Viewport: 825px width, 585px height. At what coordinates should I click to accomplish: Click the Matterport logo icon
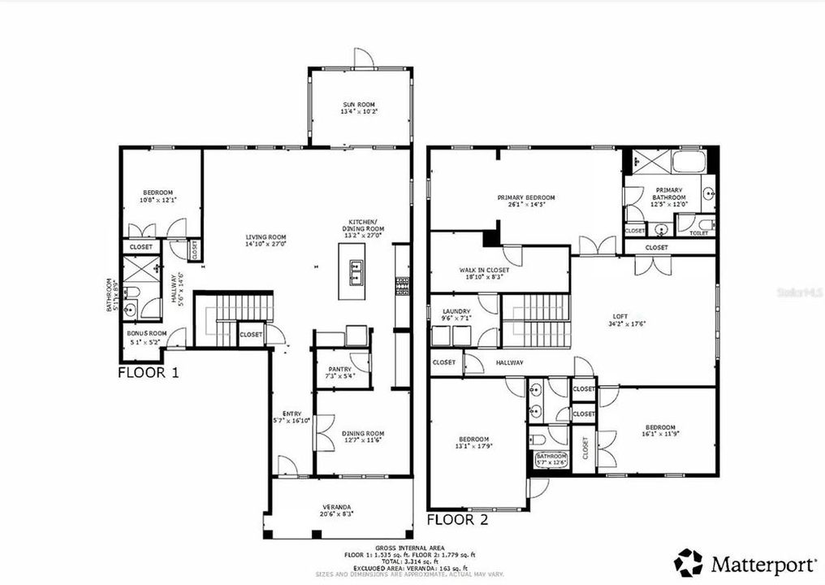point(689,562)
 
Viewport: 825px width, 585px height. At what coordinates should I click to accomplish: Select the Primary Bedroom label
point(525,197)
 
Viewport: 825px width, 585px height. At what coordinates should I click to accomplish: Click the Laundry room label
point(456,311)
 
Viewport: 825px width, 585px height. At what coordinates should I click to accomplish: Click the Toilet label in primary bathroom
point(698,232)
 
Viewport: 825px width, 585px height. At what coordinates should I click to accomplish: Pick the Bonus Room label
point(147,333)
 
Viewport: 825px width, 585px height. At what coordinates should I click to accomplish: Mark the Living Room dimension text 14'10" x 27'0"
point(266,243)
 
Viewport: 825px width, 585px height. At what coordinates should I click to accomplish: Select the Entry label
point(291,414)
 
